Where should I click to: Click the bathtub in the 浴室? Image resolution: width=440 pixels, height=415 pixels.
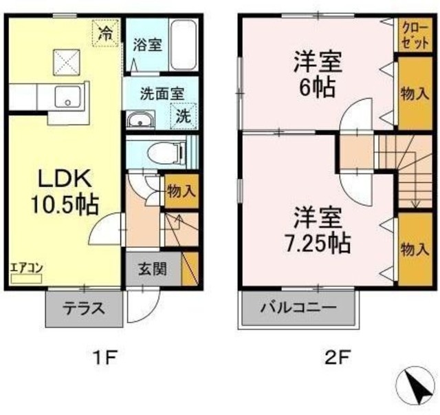pyautogui.click(x=184, y=45)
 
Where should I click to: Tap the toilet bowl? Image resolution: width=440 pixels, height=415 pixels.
pyautogui.click(x=166, y=152)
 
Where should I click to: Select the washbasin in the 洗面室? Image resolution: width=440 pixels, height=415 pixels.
pyautogui.click(x=140, y=120)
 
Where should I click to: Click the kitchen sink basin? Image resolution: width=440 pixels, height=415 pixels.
pyautogui.click(x=67, y=97)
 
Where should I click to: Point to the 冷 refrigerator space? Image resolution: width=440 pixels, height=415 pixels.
pyautogui.click(x=105, y=33)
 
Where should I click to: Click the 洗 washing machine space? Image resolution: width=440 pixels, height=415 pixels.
pyautogui.click(x=184, y=116)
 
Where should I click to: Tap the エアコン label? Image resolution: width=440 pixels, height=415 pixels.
pyautogui.click(x=26, y=268)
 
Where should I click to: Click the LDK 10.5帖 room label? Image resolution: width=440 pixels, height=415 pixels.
pyautogui.click(x=65, y=191)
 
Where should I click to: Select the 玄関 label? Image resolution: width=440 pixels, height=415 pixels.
pyautogui.click(x=153, y=269)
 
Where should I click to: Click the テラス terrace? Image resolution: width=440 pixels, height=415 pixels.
pyautogui.click(x=84, y=309)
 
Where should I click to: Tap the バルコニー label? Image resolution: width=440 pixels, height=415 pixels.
pyautogui.click(x=298, y=308)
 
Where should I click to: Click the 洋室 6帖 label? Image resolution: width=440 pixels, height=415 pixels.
pyautogui.click(x=318, y=74)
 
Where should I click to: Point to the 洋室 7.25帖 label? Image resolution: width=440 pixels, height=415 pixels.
pyautogui.click(x=318, y=230)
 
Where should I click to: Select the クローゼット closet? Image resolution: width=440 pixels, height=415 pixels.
pyautogui.click(x=415, y=35)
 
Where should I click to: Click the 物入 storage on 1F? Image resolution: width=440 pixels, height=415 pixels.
pyautogui.click(x=181, y=191)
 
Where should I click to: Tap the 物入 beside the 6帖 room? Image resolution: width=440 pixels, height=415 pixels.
pyautogui.click(x=415, y=94)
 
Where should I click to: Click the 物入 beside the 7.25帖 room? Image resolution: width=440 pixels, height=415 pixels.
pyautogui.click(x=415, y=249)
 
